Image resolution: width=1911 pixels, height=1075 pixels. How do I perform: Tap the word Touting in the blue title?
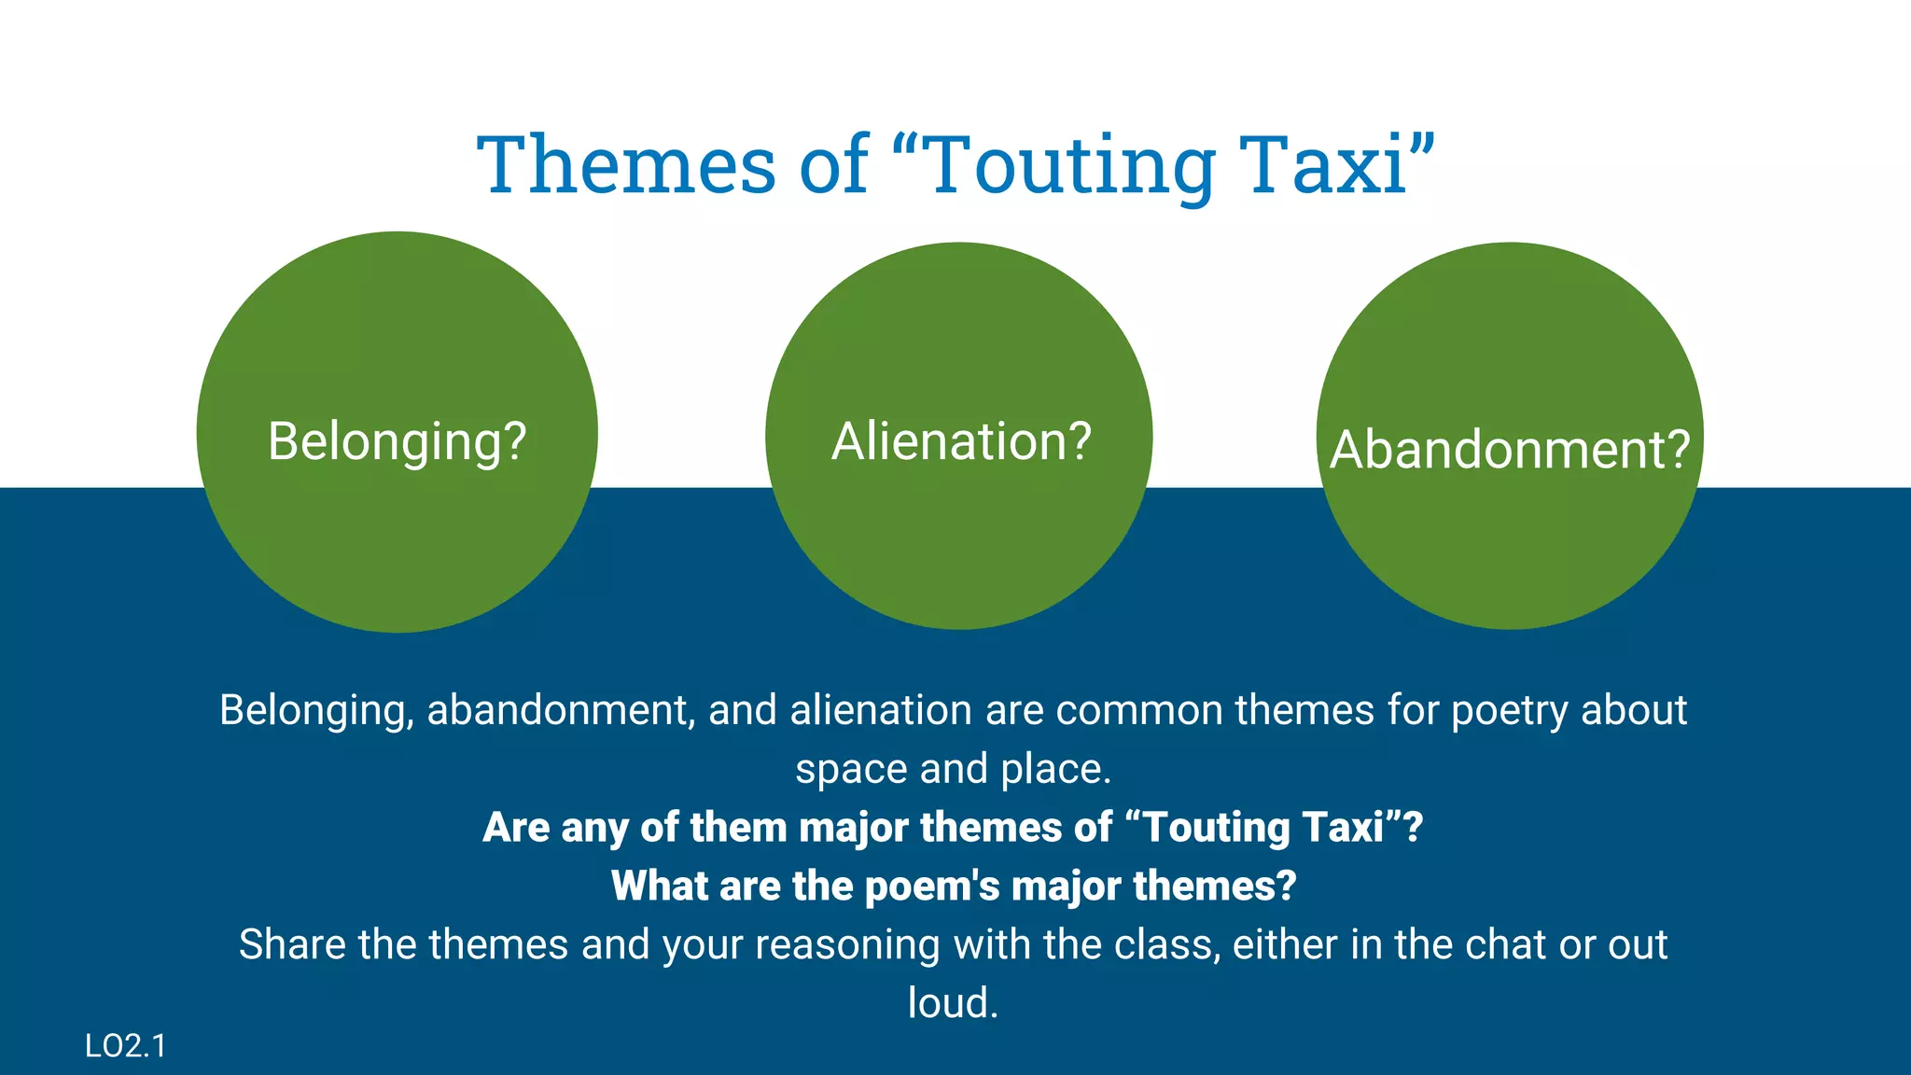pos(1073,164)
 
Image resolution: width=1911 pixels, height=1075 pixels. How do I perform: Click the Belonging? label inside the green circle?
pos(398,440)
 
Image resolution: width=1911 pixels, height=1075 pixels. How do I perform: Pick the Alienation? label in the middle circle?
pos(961,440)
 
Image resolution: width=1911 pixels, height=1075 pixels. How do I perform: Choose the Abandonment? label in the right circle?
pos(1510,449)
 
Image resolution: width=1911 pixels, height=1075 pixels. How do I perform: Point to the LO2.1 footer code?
pos(125,1046)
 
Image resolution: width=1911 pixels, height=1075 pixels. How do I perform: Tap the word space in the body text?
pos(851,769)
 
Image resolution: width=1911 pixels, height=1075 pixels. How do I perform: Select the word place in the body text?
pos(1055,769)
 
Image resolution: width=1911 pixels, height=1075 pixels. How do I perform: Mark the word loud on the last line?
pos(952,1003)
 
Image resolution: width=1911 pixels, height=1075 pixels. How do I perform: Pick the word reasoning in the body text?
pos(846,944)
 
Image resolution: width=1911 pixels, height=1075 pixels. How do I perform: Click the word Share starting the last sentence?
pos(291,944)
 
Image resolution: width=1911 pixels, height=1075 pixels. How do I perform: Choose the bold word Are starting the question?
pos(516,828)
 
